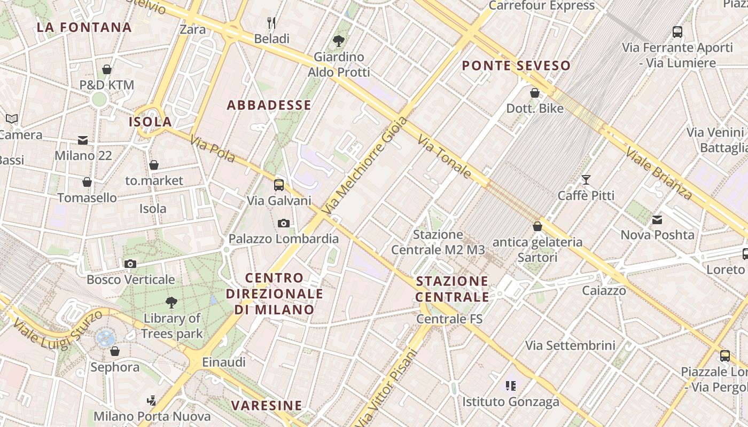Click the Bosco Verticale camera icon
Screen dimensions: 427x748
(x=130, y=264)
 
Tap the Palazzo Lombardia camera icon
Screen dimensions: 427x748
(x=284, y=223)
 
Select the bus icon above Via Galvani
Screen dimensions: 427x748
(x=279, y=185)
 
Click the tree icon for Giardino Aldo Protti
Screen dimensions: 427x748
(x=338, y=40)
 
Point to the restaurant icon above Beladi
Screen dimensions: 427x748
(x=272, y=22)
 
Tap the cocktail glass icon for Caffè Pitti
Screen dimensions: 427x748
(x=586, y=180)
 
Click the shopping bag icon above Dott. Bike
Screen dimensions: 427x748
(x=535, y=93)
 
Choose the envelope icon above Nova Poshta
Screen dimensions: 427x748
(x=657, y=219)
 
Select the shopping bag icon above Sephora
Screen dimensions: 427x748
(x=114, y=351)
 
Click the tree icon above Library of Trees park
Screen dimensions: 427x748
(x=172, y=303)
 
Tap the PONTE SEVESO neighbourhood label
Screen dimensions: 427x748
(x=516, y=66)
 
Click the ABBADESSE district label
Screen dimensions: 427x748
(x=269, y=105)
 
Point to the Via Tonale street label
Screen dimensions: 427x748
(x=445, y=156)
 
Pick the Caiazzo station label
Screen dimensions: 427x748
(x=604, y=291)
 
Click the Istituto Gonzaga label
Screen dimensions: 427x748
(x=511, y=401)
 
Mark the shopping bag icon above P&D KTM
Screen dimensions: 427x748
(x=107, y=69)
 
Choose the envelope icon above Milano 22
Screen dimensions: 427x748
(x=83, y=140)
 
